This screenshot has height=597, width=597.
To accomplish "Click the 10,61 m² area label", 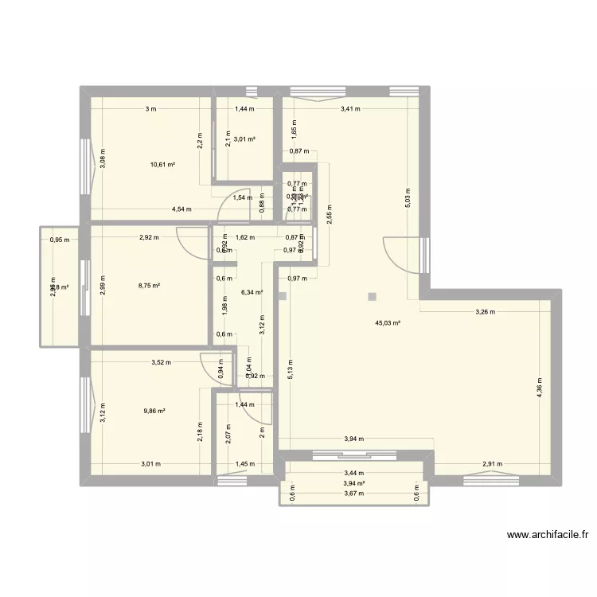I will [162, 165].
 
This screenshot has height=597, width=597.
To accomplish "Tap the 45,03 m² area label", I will [388, 323].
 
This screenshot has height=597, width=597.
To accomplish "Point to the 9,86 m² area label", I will [154, 411].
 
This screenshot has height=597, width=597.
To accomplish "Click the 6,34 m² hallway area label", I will [252, 292].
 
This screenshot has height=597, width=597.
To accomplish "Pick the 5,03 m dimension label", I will [408, 197].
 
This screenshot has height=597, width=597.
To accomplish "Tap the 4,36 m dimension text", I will [540, 388].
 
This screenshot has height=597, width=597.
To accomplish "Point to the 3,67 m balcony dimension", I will [354, 494].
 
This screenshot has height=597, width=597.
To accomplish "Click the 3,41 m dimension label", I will [350, 109].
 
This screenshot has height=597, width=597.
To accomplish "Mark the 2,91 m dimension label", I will [493, 464].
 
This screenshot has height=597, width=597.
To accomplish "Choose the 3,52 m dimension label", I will [163, 362].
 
